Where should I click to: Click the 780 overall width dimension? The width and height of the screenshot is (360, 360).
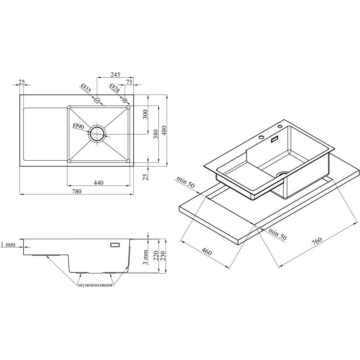76,191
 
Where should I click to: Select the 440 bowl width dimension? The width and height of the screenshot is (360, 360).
99,183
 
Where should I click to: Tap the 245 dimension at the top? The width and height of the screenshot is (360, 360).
115,75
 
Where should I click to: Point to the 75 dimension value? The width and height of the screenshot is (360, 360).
129,82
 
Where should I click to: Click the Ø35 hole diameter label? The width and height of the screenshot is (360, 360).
86,88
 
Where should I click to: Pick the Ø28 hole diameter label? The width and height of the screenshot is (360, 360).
115,88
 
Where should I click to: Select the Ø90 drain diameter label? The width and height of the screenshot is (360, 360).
78,126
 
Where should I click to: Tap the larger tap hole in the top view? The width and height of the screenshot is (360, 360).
97,100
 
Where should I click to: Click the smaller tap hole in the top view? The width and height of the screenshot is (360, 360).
125,100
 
